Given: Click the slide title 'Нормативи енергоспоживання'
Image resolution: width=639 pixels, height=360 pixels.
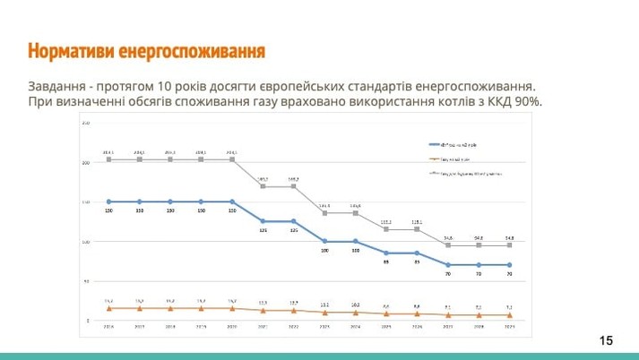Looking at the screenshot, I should point(146,49).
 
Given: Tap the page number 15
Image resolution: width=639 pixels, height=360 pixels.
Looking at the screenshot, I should point(607,340).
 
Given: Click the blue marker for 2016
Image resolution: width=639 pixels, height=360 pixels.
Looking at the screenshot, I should point(108,201).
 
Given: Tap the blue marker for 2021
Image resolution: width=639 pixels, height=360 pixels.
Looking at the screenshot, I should point(263,221).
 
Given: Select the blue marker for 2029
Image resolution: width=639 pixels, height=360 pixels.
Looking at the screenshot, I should point(509,265).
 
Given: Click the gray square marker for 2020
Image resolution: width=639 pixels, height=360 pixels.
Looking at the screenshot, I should point(232,159).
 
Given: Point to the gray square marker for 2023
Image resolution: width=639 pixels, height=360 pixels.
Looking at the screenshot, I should point(324,213).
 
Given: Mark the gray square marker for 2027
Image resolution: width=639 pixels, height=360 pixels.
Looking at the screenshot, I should point(448,244).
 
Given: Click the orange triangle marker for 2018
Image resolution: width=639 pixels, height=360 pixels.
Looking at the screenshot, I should point(170,308).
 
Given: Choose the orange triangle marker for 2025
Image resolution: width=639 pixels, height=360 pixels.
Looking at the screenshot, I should point(386,313).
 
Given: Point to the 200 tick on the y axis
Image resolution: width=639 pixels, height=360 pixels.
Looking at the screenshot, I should point(86,163).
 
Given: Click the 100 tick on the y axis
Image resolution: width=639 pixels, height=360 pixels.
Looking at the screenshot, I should point(86,242).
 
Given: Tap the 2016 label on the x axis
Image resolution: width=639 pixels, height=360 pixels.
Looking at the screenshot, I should point(108,329).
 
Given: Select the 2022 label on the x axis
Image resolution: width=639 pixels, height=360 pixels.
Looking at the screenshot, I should point(293,329).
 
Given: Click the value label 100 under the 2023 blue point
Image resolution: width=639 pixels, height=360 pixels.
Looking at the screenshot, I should point(324,252).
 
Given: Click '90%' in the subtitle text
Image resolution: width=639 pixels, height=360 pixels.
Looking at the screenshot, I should point(528,102).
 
